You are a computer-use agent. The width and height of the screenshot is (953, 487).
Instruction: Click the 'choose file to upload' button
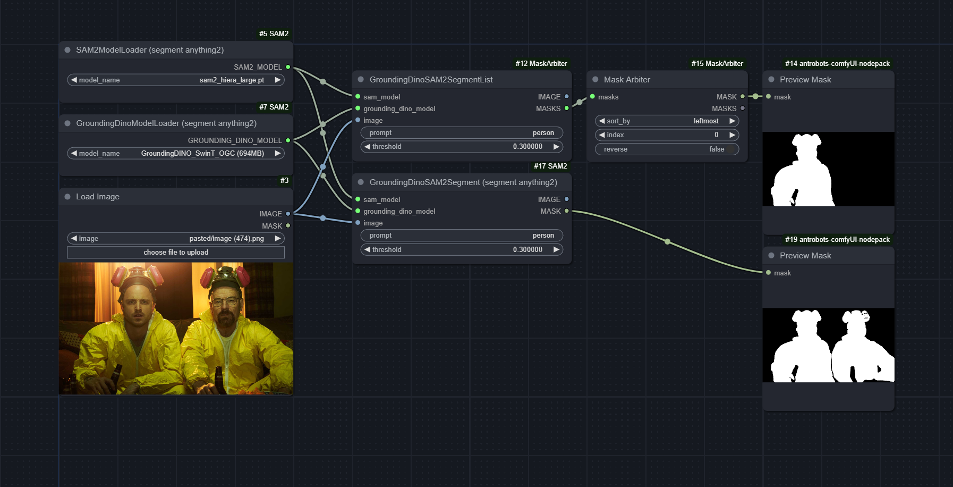point(176,252)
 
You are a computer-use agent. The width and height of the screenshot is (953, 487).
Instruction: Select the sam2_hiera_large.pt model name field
point(176,80)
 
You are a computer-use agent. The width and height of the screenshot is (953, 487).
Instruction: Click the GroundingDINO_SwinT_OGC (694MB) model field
point(176,153)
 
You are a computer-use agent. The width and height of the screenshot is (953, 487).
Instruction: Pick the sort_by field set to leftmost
point(667,121)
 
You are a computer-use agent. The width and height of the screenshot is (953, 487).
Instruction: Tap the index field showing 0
point(667,135)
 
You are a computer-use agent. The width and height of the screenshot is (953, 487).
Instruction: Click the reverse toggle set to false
point(667,149)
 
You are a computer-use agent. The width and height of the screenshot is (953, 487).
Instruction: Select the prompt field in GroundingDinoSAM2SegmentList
point(462,132)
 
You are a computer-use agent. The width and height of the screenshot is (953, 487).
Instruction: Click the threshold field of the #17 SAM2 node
point(462,249)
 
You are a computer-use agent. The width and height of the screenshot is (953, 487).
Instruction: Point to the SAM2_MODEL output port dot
point(288,67)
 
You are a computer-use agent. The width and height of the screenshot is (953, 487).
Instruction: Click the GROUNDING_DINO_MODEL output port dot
point(288,140)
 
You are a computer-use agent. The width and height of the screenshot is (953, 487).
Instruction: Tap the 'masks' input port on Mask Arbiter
point(592,97)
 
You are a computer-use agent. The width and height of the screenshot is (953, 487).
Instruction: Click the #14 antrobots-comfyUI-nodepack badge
point(837,63)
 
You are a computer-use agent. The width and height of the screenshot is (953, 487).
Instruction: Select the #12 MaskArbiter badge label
point(541,63)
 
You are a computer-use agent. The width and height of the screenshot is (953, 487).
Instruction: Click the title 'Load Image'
point(98,197)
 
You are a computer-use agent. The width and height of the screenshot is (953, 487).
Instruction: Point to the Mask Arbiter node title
point(627,80)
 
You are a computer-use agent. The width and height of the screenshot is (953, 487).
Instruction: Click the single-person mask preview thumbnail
point(828,169)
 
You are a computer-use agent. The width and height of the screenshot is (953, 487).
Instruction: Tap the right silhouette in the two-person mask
point(862,348)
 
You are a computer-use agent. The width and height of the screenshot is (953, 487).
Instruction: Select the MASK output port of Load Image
point(288,226)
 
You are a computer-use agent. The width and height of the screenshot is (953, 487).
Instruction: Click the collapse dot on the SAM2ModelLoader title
point(67,50)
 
